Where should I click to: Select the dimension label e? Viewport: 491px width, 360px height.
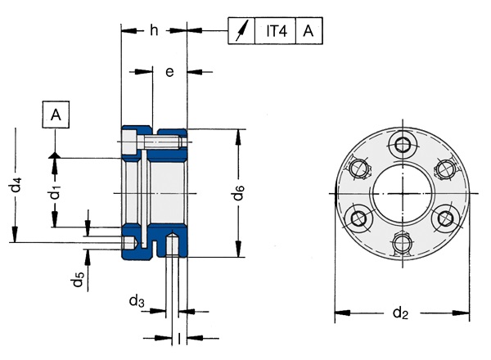click(x=169, y=72)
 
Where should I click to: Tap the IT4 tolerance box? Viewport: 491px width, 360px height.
click(x=276, y=31)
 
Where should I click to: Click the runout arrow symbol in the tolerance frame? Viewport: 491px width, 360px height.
click(x=241, y=31)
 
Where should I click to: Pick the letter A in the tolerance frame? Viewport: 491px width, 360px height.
click(x=308, y=31)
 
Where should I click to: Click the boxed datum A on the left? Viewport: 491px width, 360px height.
click(x=55, y=115)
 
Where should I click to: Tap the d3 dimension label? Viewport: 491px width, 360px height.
click(x=137, y=302)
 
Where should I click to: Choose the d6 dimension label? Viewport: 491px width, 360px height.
click(x=238, y=193)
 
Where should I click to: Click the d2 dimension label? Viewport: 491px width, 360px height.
click(x=401, y=313)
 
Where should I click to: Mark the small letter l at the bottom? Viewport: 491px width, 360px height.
click(x=179, y=338)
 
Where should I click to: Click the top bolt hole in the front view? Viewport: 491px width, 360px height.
click(x=401, y=145)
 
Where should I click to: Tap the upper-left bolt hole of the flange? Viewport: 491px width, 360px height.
click(x=358, y=169)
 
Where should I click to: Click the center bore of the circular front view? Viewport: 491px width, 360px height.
click(x=401, y=193)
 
